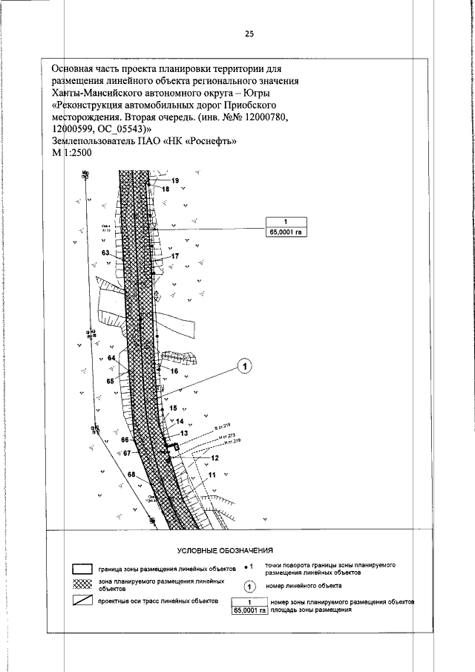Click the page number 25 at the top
tap(249, 33)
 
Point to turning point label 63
tap(106, 253)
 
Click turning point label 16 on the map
tap(174, 370)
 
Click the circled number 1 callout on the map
tap(246, 365)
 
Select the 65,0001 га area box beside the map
tap(286, 232)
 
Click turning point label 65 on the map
tap(110, 381)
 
